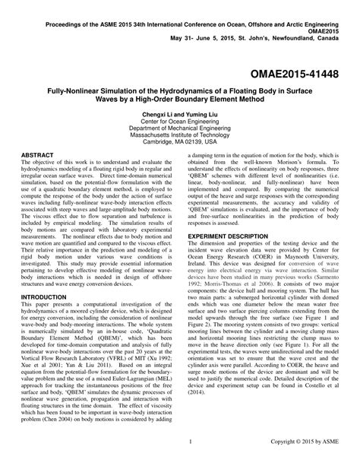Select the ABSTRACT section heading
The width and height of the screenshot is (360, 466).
click(36, 154)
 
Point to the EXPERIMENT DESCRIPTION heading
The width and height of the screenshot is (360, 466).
click(236, 237)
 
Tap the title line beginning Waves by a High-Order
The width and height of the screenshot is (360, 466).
click(179, 98)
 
